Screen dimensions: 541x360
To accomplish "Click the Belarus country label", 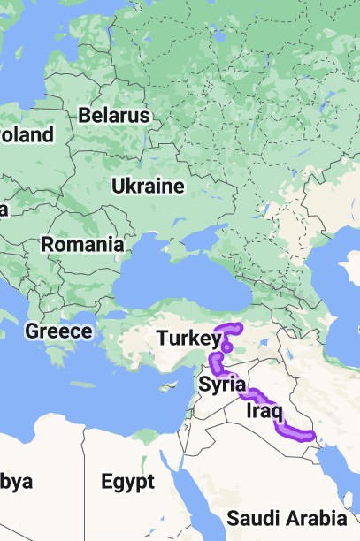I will (114, 116).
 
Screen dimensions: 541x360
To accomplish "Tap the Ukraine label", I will (148, 187).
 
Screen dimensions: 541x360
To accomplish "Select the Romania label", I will (83, 243).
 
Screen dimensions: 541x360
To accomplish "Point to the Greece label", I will (58, 331).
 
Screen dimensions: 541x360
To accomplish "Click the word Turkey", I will (188, 338).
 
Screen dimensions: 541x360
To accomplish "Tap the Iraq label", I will (264, 412).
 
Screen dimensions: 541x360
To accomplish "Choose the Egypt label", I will (127, 482).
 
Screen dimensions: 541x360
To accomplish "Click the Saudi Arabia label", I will (287, 518).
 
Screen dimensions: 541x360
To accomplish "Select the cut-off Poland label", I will (27, 135).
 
